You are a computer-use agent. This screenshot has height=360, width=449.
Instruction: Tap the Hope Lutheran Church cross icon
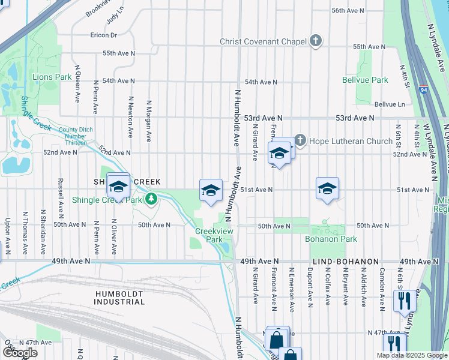[300, 141]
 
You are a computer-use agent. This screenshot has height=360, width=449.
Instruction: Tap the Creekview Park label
[209, 235]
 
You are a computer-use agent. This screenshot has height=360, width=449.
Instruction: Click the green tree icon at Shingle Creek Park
[152, 199]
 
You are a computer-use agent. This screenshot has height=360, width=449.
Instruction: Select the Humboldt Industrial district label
[120, 297]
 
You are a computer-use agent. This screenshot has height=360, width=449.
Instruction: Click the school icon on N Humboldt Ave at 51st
[211, 190]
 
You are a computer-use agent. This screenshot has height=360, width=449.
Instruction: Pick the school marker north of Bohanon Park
[327, 188]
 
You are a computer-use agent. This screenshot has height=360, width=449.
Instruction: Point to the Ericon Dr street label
[104, 35]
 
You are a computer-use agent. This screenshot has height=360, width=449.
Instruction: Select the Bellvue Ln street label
[389, 104]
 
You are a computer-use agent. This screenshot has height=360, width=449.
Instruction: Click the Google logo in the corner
[20, 353]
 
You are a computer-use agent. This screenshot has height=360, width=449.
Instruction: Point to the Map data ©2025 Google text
[412, 355]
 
